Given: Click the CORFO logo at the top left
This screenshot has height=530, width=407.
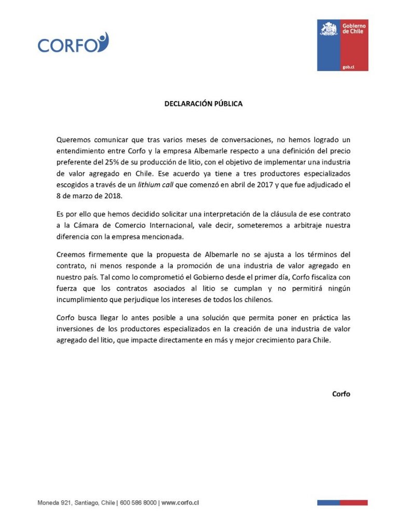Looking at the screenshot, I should (x=73, y=44).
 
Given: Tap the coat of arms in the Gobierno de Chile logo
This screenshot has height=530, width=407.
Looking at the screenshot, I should (x=328, y=29).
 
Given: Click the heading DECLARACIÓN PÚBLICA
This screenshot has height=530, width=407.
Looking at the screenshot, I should (x=203, y=103).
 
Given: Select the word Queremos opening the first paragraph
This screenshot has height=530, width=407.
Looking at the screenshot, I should (x=74, y=139).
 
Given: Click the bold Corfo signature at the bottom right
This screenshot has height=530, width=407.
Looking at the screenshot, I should (x=341, y=393).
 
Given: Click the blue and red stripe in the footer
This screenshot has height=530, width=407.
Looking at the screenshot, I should (x=342, y=502).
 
